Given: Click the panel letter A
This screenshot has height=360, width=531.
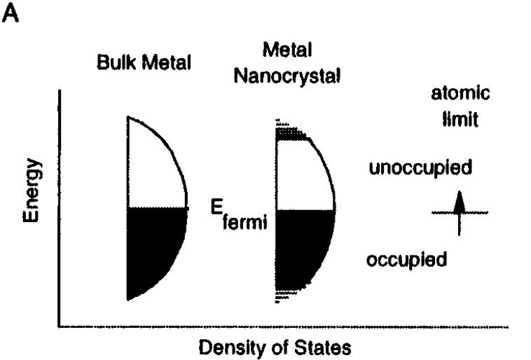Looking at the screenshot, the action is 11,13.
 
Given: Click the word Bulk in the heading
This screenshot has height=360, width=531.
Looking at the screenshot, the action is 116,62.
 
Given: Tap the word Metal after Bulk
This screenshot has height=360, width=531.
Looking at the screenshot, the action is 167,62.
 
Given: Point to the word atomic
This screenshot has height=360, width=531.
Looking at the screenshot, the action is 460,92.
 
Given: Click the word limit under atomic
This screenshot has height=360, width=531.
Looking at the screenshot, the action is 460,119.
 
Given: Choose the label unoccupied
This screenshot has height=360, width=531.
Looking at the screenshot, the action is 420,168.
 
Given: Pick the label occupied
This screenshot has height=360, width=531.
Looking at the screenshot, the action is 406,260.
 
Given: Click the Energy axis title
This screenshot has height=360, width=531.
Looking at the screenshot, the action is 31,190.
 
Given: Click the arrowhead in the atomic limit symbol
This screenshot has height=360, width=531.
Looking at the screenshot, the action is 459,202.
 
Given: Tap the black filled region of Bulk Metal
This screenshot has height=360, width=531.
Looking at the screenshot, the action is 153,244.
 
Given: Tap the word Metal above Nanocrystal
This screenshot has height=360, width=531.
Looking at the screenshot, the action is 287,50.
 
